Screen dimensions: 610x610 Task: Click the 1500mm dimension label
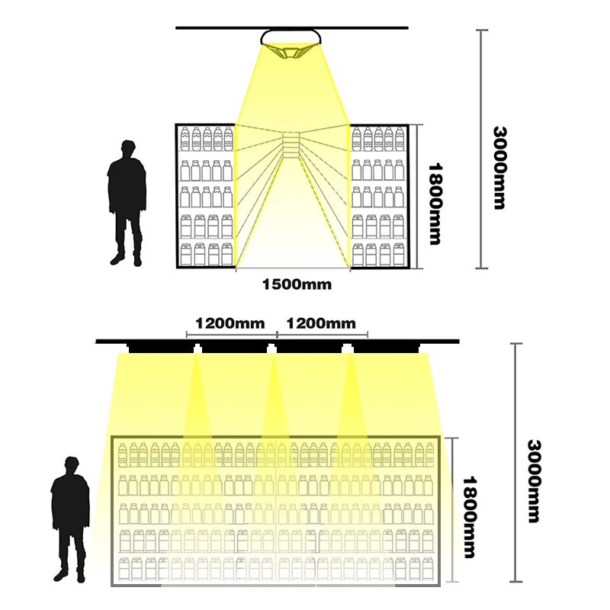[x=297, y=284]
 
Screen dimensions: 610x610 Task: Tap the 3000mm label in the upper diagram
[x=500, y=168]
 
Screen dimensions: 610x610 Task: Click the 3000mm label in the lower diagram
[x=534, y=480]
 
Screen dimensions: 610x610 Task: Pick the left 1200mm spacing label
[x=230, y=323]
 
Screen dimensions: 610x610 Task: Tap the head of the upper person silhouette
[x=127, y=150]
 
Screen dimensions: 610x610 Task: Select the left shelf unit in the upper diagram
[x=206, y=196]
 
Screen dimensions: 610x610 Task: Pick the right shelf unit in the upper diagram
[x=378, y=196]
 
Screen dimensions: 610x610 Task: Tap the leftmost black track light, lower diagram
[x=160, y=348]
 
